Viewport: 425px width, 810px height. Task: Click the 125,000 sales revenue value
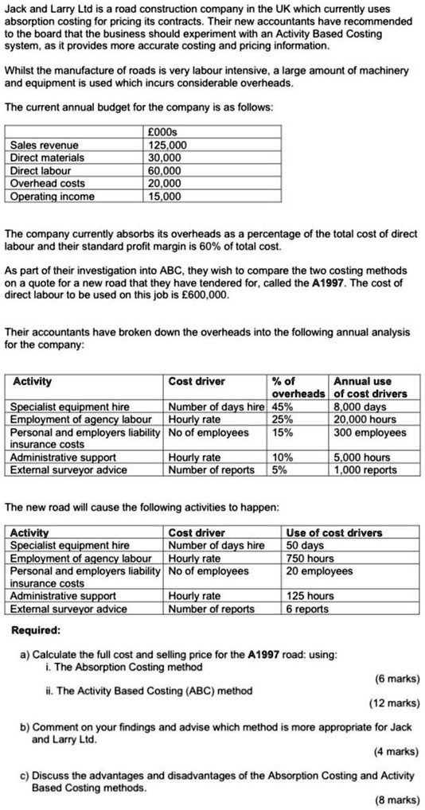click(167, 145)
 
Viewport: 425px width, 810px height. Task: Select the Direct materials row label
click(47, 158)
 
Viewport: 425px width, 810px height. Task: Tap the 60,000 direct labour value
click(166, 170)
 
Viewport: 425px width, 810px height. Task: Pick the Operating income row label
click(52, 196)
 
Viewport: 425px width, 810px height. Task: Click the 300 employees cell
click(369, 433)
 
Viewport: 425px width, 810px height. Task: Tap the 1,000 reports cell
click(365, 469)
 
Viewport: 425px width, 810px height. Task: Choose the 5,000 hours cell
click(362, 458)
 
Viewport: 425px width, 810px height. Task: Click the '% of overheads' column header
click(298, 387)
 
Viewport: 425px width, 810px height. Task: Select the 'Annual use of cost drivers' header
click(370, 387)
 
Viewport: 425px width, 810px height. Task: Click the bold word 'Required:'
click(36, 630)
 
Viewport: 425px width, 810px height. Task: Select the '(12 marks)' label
click(395, 703)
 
